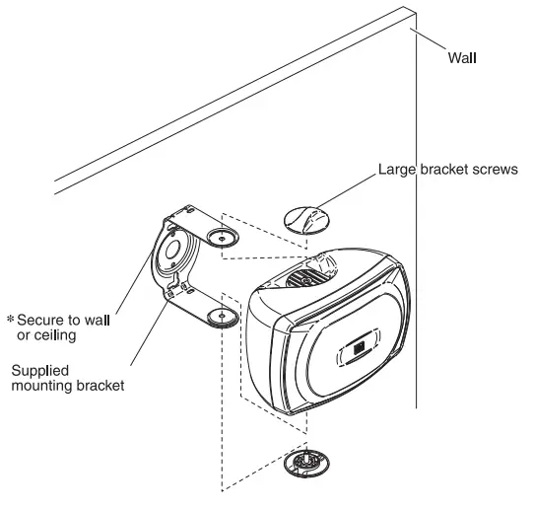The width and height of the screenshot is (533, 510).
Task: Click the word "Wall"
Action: coord(463,57)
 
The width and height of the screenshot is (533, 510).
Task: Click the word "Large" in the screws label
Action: coord(395,170)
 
